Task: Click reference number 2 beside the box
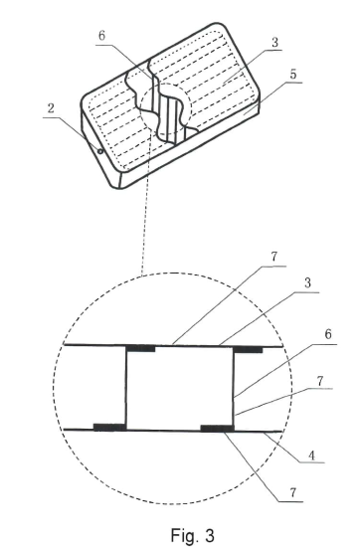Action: point(51,108)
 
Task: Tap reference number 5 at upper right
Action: point(292,75)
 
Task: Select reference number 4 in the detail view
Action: point(311,456)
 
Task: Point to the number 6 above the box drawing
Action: point(101,36)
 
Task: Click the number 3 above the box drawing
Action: point(274,43)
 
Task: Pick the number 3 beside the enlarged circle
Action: point(307,282)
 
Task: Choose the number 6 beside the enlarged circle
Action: point(328,334)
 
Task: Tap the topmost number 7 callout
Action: point(273,257)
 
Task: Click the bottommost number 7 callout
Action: point(292,493)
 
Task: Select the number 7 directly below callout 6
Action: point(320,381)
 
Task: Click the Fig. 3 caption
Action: point(192,535)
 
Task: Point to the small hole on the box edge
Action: point(100,151)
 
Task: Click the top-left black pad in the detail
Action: point(140,348)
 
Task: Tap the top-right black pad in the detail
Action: point(248,349)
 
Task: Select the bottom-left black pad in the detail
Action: point(109,427)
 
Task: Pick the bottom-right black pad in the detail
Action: point(217,429)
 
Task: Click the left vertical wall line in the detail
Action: point(126,388)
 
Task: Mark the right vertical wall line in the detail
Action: point(234,389)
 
